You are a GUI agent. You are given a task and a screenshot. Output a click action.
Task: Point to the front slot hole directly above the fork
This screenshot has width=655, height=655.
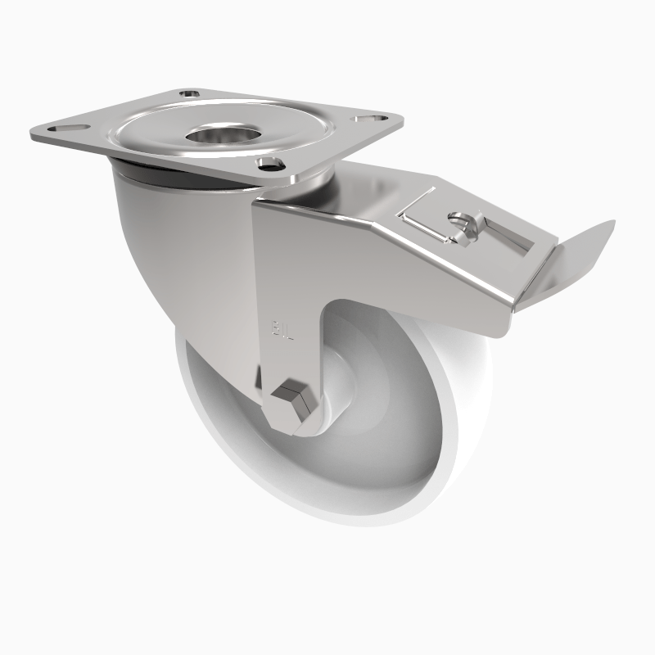[x=268, y=163]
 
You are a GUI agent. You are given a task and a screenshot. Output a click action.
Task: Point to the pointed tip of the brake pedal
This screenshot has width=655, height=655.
[x=612, y=222]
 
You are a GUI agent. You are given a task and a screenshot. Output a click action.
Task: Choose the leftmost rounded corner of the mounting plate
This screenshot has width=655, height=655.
[x=33, y=131]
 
